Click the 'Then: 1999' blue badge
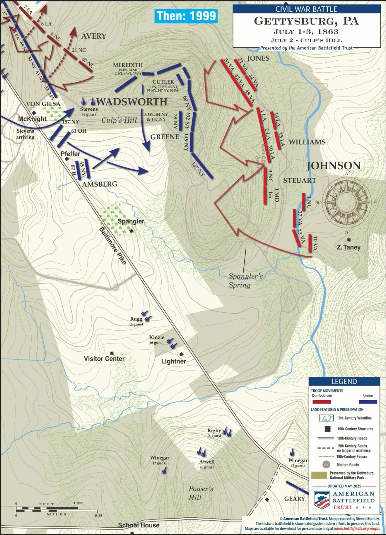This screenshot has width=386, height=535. [186, 16]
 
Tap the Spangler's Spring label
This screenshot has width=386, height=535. [245, 281]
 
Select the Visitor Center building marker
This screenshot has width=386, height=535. [112, 353]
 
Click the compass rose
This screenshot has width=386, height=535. [347, 202]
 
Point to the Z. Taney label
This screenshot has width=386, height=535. [348, 247]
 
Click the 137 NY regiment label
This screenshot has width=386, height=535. [198, 169]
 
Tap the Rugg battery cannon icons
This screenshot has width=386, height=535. [148, 317]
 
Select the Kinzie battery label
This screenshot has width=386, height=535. [156, 337]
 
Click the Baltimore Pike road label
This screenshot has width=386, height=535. [113, 246]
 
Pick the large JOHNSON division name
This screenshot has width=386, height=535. [334, 166]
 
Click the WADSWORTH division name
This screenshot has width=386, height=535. [132, 102]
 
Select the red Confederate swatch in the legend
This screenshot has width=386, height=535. [321, 402]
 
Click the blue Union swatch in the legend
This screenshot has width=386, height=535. [368, 402]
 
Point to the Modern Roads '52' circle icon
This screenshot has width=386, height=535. [326, 464]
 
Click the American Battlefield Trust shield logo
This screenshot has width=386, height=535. [322, 500]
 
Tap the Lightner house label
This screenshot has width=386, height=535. [173, 361]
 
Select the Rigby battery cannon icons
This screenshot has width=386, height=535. [227, 432]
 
